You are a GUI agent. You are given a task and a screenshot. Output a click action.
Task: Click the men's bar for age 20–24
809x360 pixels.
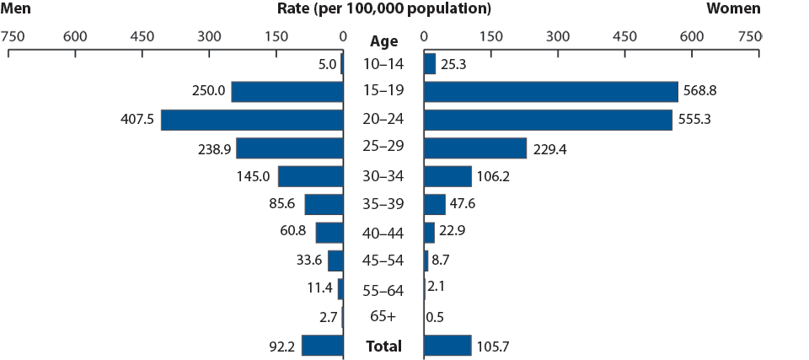tap(252, 120)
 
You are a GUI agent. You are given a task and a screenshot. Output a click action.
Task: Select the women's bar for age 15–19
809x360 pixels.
tap(551, 91)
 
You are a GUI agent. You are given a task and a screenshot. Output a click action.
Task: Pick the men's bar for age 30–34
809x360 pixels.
tap(311, 176)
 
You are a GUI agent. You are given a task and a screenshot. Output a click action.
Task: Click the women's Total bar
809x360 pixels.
tap(447, 346)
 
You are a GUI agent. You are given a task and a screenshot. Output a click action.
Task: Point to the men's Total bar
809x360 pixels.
tap(323, 346)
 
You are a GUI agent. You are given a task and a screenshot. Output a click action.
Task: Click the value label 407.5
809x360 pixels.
tap(137, 120)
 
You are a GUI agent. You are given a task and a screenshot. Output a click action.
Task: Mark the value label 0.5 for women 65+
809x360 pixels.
tap(436, 318)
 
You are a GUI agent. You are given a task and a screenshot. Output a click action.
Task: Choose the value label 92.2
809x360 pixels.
tap(280, 346)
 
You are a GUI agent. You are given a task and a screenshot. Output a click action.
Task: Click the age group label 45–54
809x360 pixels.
tap(383, 261)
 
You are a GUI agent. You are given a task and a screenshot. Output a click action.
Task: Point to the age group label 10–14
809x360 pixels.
tap(383, 64)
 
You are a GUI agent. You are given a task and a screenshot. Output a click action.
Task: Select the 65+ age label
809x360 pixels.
tap(383, 318)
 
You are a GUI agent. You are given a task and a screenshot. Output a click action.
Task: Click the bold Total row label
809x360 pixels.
tap(383, 346)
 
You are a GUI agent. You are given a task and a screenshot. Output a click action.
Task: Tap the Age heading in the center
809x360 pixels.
tap(383, 40)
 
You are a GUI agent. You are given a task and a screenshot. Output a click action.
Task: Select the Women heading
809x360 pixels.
tap(733, 8)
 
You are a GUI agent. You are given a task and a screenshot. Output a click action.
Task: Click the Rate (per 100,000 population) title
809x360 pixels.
tap(383, 8)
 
